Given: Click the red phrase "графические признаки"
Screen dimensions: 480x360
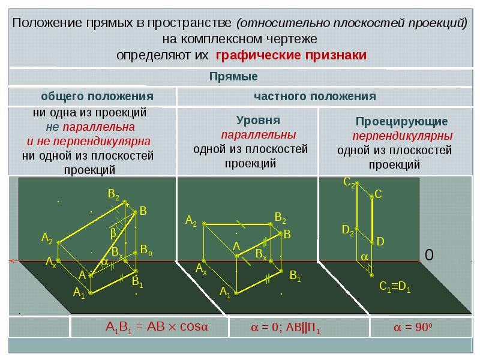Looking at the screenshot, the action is [x=291, y=55].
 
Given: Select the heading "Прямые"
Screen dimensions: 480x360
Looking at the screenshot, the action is [x=233, y=77].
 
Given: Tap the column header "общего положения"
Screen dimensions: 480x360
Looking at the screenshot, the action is [x=97, y=97].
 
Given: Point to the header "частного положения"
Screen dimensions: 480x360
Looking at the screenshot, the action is [x=314, y=97].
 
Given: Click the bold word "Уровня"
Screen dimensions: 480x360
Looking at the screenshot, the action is [x=258, y=121].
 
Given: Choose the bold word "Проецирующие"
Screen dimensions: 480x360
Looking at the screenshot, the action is [x=401, y=122].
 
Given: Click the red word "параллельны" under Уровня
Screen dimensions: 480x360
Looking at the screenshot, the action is [x=259, y=134].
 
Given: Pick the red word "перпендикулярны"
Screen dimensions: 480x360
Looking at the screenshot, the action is [x=402, y=136].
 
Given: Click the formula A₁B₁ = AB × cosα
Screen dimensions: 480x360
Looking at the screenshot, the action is [x=157, y=327].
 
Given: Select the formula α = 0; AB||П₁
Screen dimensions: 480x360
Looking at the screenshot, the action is [x=286, y=328].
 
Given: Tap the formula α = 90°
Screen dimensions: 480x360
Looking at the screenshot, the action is [x=413, y=327].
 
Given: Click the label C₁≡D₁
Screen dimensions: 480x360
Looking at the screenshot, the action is [x=395, y=287].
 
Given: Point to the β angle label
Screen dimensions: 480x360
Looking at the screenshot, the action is [x=113, y=233].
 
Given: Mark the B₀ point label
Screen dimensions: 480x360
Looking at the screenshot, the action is [x=146, y=250].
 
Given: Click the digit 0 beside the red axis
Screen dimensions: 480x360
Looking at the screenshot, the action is [x=429, y=254].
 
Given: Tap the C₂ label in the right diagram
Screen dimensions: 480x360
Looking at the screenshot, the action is [x=349, y=182].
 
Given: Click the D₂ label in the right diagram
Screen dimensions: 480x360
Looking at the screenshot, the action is [x=348, y=230].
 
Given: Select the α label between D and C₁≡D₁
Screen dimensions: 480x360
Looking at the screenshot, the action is [x=364, y=257].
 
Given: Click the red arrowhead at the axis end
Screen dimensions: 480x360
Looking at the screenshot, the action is [x=12, y=261].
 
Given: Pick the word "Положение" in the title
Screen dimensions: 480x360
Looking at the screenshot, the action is [x=47, y=23].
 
